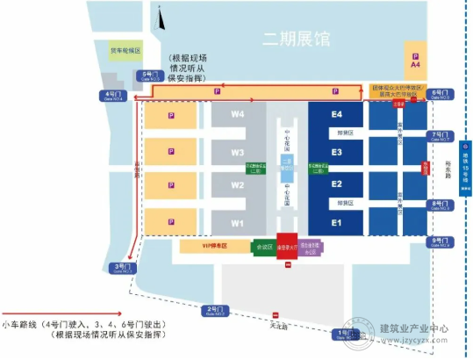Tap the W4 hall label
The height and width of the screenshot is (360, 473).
click(x=237, y=115)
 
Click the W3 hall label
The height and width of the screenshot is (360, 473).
click(x=237, y=152)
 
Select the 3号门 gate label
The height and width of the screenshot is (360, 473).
click(x=122, y=266)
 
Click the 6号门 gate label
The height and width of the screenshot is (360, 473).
click(x=440, y=94)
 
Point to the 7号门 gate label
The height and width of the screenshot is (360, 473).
click(x=440, y=134)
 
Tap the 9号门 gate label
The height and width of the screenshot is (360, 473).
click(x=440, y=241)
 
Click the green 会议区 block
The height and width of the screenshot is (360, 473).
click(x=262, y=247)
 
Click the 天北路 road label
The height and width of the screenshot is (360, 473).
click(x=278, y=327)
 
